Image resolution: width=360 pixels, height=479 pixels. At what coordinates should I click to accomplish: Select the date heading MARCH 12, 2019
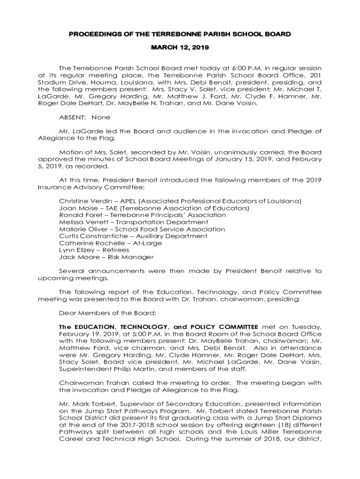[180, 48]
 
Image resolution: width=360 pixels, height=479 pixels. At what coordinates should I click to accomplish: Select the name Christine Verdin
[82, 201]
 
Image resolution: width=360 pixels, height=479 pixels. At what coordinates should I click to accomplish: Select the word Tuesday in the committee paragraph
[307, 327]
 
